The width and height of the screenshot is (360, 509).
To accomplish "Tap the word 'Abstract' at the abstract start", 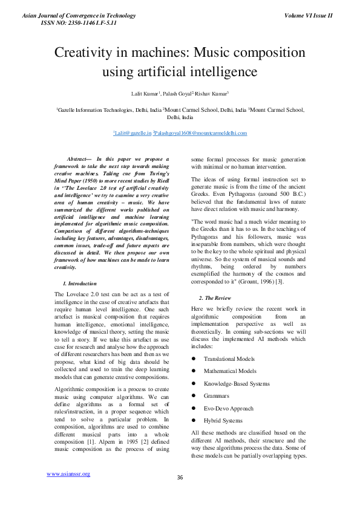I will [78, 158].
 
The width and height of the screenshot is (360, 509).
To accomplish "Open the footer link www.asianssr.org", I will [68, 473].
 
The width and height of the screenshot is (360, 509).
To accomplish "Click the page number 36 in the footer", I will [180, 478].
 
